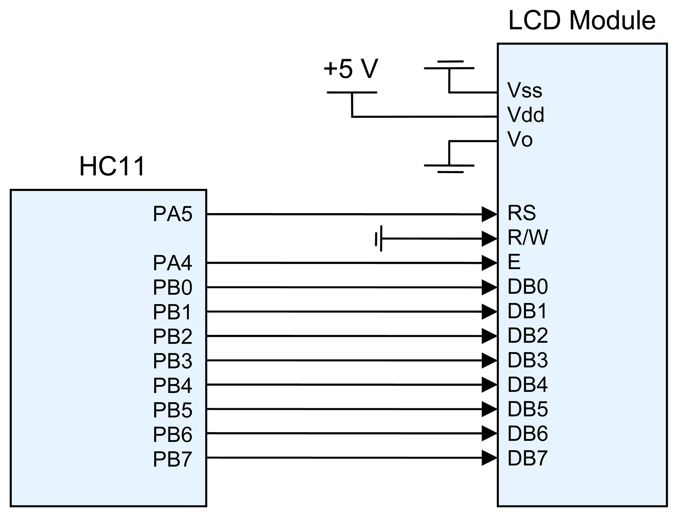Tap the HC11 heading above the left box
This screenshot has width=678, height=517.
112,166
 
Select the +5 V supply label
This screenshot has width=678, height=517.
351,69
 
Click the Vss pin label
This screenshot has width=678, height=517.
525,91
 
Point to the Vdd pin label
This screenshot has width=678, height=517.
525,114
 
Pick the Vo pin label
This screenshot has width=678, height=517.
520,139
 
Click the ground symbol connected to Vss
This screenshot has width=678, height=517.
449,65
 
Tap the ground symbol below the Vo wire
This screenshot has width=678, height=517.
449,168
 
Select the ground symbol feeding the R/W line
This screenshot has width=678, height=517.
379,239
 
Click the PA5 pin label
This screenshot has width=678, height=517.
172,214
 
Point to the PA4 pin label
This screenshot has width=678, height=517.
172,263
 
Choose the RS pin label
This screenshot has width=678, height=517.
521,213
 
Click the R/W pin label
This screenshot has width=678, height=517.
528,237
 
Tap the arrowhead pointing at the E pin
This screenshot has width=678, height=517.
489,263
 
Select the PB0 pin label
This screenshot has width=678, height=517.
172,287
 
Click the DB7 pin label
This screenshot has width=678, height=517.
527,458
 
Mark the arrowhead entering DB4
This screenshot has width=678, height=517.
489,384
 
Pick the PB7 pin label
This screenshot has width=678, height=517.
172,459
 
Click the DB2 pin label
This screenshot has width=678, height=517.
527,335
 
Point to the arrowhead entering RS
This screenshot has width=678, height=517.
489,214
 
